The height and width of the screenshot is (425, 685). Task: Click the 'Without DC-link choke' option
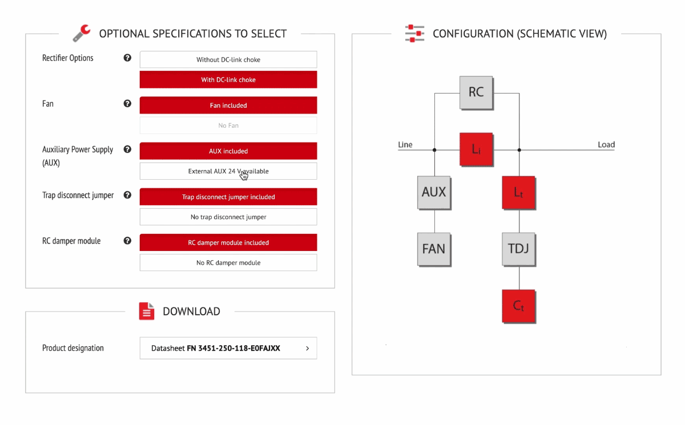pos(228,60)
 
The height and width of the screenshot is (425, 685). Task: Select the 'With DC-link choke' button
pos(228,80)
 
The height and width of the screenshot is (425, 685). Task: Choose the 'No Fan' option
pos(228,126)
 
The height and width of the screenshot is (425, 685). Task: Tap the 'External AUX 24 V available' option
pos(228,171)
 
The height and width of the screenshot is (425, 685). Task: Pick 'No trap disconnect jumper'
pos(228,217)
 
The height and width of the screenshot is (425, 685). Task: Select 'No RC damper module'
pos(228,262)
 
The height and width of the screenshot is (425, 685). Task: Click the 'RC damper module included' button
pos(228,242)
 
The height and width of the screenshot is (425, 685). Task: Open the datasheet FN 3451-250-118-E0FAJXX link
pos(228,348)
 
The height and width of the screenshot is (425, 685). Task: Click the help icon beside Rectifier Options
pos(127,58)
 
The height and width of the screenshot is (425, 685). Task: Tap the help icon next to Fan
pos(127,104)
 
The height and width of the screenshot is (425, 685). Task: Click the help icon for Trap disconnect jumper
pos(127,195)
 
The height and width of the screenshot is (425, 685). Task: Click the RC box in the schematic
pos(476,92)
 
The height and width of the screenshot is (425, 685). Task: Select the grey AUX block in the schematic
pos(434,192)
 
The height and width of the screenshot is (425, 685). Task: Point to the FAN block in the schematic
pos(434,249)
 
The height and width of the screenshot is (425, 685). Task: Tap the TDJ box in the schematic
pos(519,249)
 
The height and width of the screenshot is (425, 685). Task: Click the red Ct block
pos(519,306)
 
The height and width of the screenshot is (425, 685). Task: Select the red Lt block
pos(519,193)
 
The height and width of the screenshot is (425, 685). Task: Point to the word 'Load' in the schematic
pos(606,145)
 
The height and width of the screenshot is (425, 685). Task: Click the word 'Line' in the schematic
pos(405,145)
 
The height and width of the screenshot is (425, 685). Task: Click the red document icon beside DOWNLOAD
pos(147,311)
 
